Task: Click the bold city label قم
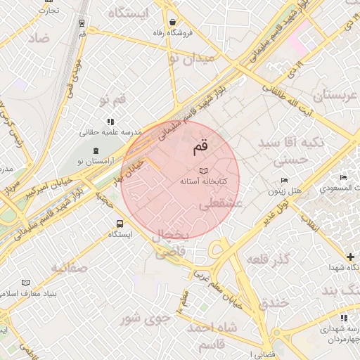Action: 200,148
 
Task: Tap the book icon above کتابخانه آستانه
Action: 203,171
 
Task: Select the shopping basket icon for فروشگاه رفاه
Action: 173,22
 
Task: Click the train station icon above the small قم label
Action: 83,22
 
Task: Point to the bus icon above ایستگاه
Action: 119,224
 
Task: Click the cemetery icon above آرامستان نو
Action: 96,151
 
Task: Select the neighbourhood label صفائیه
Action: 68,268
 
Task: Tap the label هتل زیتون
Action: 285,191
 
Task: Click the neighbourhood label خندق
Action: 274,304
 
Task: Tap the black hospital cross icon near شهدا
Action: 349,257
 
